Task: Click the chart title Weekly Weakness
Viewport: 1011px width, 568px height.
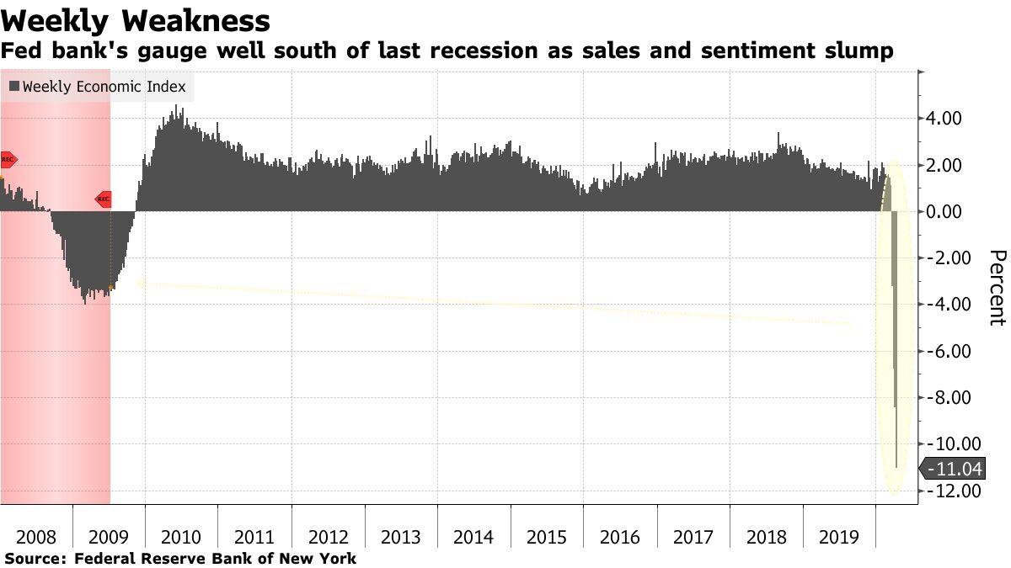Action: point(136,20)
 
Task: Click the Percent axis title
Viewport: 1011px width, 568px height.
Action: point(997,287)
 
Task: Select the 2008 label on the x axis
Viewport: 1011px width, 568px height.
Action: point(36,537)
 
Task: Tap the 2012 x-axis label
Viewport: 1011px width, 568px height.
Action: point(329,537)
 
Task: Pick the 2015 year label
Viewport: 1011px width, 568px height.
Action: point(548,537)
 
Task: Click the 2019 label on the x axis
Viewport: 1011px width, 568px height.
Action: point(839,537)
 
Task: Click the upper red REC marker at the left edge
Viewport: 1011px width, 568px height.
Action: point(8,159)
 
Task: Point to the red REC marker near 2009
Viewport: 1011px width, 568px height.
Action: point(103,199)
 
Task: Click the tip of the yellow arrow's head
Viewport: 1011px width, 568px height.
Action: point(136,284)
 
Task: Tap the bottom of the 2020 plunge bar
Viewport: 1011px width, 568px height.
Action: point(896,466)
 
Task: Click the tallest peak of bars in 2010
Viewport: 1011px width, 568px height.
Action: point(175,108)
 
